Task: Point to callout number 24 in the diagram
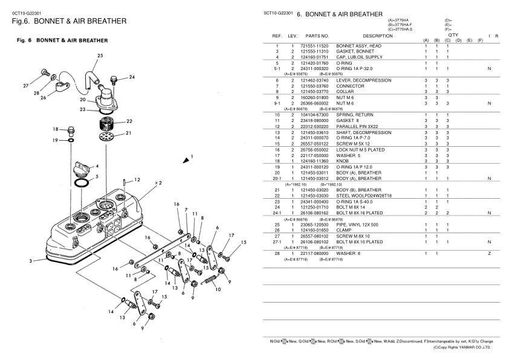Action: point(132,77)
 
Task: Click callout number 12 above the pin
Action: point(137,179)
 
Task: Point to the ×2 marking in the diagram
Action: point(157,182)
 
